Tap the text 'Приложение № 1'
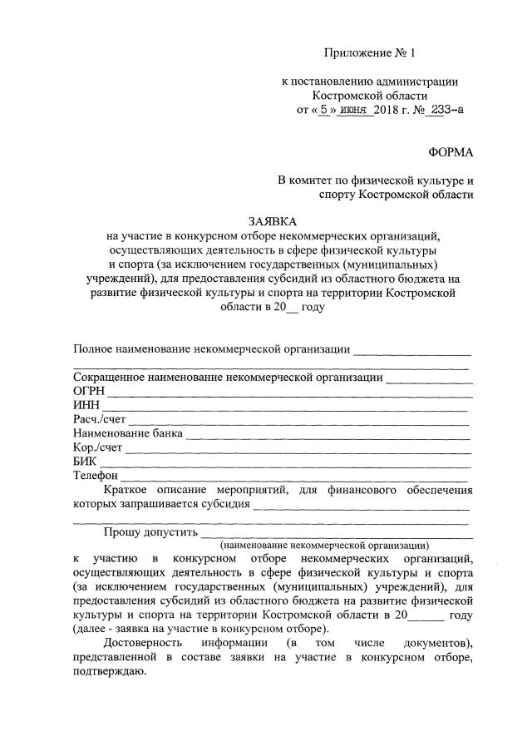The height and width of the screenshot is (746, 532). tap(368, 54)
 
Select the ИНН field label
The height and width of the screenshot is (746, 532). tap(86, 405)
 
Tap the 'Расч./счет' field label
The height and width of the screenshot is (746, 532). tap(99, 419)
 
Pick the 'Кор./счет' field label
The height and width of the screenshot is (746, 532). tap(96, 447)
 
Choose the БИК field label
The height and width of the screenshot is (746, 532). tap(85, 462)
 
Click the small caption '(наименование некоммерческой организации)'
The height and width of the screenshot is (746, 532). tap(325, 546)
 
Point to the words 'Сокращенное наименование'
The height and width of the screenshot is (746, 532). tap(152, 377)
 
